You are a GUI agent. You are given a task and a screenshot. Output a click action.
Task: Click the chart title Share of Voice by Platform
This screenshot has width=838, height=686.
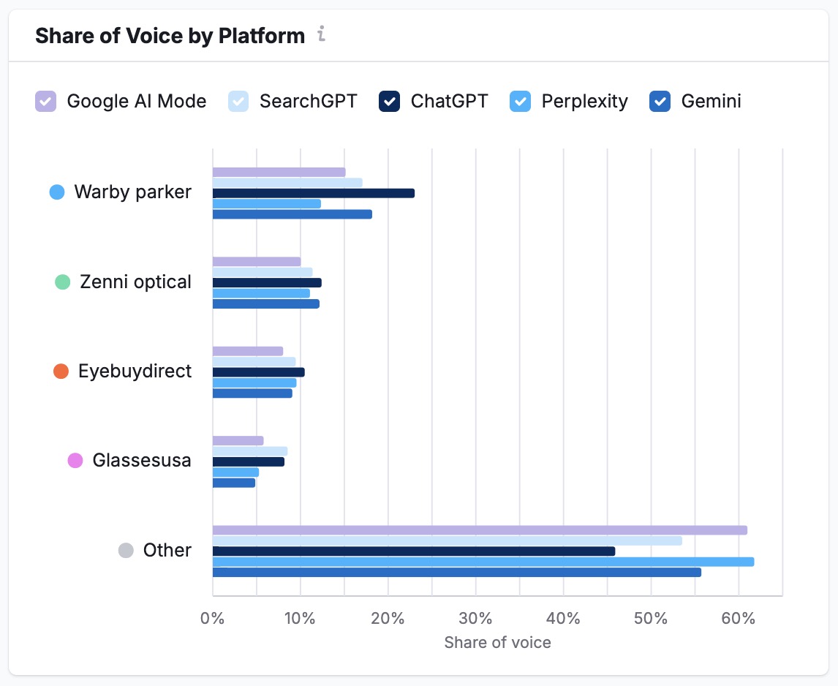click(170, 36)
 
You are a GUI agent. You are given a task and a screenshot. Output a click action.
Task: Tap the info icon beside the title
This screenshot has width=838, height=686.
click(321, 34)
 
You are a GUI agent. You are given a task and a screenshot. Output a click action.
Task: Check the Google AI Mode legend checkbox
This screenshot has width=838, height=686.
click(46, 101)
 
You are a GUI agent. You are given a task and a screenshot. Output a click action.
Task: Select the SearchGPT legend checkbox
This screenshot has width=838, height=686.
click(239, 101)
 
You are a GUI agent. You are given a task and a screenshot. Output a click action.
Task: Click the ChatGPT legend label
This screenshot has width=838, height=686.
click(449, 101)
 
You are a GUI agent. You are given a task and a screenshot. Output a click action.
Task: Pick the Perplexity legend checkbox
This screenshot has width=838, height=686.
click(520, 101)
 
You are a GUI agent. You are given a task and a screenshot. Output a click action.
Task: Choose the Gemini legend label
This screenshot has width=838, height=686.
click(711, 101)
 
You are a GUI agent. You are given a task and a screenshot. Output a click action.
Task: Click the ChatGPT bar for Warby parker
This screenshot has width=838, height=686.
click(313, 193)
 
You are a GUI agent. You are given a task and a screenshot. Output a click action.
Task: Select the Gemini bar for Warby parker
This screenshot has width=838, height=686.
click(292, 214)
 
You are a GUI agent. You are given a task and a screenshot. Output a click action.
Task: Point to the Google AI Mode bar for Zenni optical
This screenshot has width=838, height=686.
click(256, 262)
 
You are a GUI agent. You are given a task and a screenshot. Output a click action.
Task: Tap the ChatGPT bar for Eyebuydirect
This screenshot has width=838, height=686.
click(258, 372)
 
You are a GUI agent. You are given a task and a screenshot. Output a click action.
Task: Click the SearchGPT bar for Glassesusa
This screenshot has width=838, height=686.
click(249, 451)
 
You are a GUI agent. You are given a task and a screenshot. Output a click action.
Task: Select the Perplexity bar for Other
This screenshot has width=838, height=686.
click(483, 562)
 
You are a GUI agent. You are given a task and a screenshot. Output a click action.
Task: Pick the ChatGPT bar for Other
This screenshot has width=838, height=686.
click(413, 551)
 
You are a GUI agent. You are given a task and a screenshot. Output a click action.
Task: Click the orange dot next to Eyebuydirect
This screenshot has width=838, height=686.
click(61, 372)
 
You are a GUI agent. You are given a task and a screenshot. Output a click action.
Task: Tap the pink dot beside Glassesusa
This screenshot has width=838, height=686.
click(75, 461)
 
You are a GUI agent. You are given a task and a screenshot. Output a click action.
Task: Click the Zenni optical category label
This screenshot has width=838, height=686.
click(135, 282)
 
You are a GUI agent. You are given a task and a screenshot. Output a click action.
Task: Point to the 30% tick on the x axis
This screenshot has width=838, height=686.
click(475, 618)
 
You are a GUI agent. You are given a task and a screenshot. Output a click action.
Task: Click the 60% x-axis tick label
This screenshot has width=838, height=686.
click(739, 618)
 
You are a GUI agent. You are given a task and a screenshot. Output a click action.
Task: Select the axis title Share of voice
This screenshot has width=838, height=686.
click(497, 642)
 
